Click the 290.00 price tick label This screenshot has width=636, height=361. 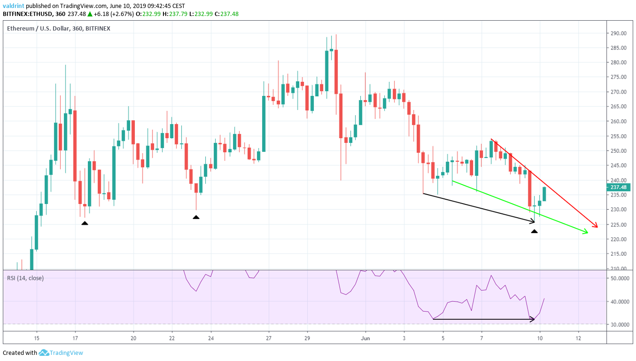click(x=619, y=33)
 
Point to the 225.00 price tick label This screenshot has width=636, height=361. click(x=619, y=225)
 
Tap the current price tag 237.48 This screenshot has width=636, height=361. click(x=619, y=187)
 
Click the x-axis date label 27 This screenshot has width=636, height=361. click(x=268, y=338)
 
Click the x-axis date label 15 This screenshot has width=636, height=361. click(x=37, y=338)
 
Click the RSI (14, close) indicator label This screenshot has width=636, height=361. click(x=25, y=278)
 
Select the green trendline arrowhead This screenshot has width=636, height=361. click(x=585, y=231)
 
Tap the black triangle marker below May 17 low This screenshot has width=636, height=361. click(x=85, y=223)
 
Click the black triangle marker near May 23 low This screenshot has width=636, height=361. click(x=196, y=217)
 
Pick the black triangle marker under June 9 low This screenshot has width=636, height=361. click(x=534, y=231)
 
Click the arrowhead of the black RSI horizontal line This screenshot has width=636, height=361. click(x=533, y=319)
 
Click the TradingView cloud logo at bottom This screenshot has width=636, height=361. click(x=44, y=353)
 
